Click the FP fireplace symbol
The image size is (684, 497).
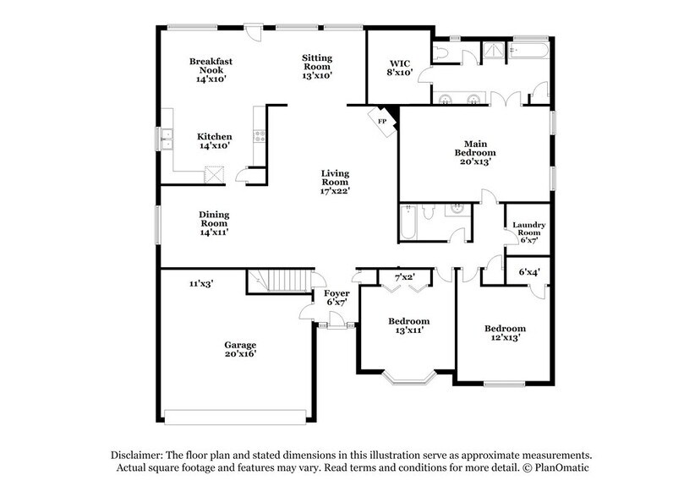click(383, 121)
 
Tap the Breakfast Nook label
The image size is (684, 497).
click(211, 69)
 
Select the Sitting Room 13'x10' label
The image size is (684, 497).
click(317, 66)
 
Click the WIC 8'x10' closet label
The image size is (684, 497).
click(399, 68)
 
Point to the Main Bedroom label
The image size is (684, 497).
click(473, 152)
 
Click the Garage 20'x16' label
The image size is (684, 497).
click(240, 349)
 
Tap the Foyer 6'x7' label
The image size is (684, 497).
click(337, 298)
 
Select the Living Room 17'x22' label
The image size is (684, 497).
click(335, 182)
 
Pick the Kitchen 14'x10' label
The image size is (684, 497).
click(214, 140)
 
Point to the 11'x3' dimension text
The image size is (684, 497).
click(200, 284)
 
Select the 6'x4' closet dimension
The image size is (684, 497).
click(528, 272)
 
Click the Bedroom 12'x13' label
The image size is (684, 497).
click(505, 333)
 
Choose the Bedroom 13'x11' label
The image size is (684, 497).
click(409, 325)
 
